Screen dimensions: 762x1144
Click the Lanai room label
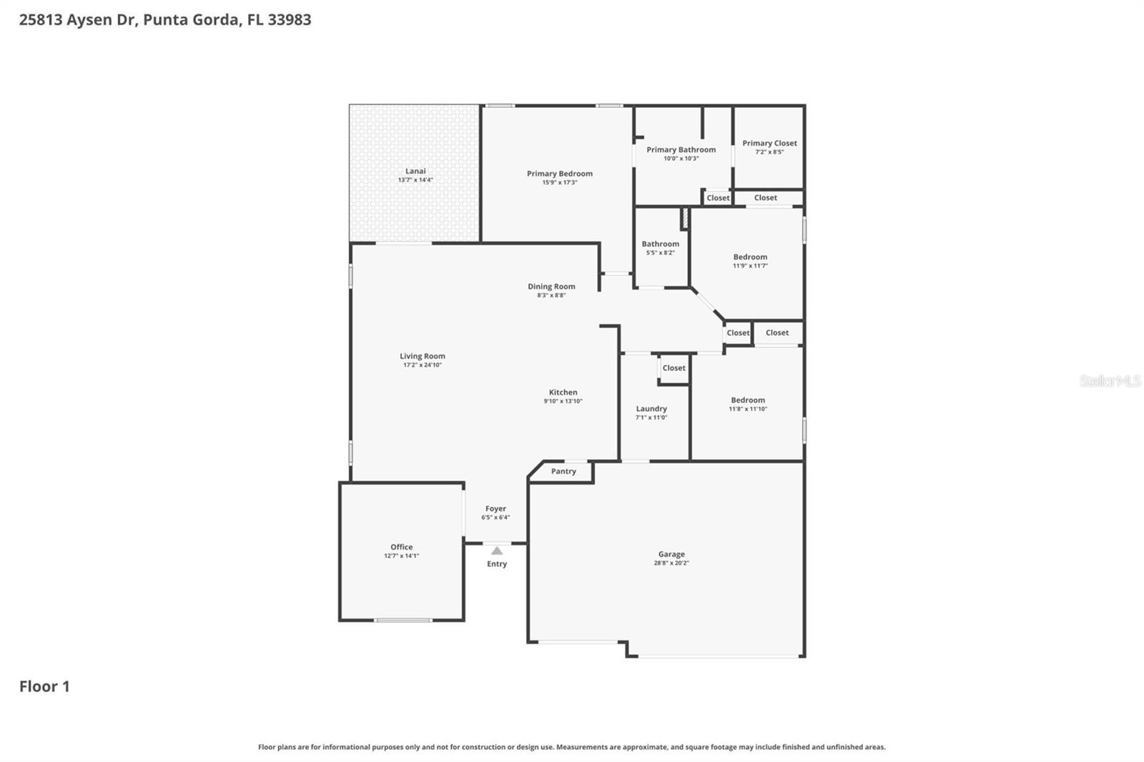pyautogui.click(x=415, y=171)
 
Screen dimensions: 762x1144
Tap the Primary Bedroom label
pyautogui.click(x=559, y=174)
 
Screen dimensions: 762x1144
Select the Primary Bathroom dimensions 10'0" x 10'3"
pyautogui.click(x=681, y=159)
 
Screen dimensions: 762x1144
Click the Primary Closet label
pyautogui.click(x=769, y=143)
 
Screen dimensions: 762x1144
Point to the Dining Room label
pyautogui.click(x=551, y=287)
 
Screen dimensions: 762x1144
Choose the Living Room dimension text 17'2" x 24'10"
pyautogui.click(x=422, y=365)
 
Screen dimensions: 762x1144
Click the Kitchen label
pyautogui.click(x=563, y=392)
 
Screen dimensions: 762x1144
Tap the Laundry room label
pyautogui.click(x=651, y=409)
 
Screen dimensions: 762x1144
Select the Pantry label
pyautogui.click(x=563, y=471)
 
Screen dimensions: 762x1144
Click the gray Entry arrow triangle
pyautogui.click(x=497, y=550)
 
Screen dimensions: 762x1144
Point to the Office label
pyautogui.click(x=401, y=547)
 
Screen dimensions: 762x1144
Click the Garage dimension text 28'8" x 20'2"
pyautogui.click(x=671, y=563)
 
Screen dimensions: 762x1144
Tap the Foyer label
pyautogui.click(x=495, y=509)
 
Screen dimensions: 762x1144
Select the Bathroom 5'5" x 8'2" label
pyautogui.click(x=660, y=244)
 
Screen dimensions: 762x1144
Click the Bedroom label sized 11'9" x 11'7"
pyautogui.click(x=750, y=257)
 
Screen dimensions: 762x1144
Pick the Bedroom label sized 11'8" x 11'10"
pyautogui.click(x=748, y=400)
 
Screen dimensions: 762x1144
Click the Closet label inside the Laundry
pyautogui.click(x=674, y=368)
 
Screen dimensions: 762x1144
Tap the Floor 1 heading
pyautogui.click(x=44, y=686)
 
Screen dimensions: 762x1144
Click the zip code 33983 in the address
pyautogui.click(x=290, y=19)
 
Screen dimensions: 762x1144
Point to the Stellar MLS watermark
pyautogui.click(x=1110, y=381)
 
